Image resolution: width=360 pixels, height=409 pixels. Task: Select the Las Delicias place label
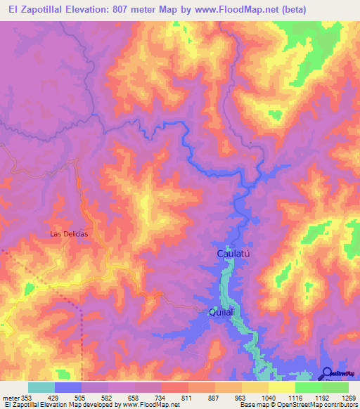(x=69, y=234)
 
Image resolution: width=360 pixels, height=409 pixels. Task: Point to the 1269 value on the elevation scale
(x=349, y=397)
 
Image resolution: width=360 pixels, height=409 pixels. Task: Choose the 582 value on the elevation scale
(x=108, y=397)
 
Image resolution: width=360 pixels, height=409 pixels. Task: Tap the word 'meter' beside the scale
(x=10, y=397)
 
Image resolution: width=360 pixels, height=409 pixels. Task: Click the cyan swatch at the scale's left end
(x=41, y=387)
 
